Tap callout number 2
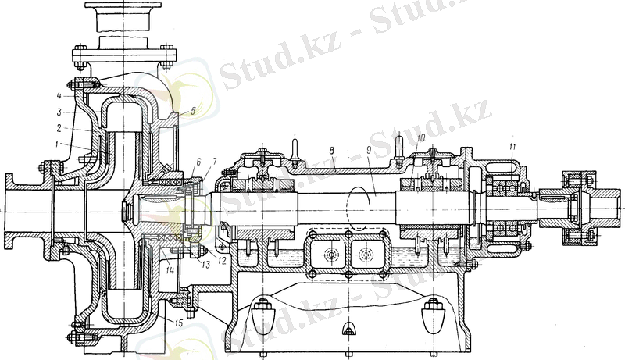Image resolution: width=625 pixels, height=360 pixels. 59,128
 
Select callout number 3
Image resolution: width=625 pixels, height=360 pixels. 59,112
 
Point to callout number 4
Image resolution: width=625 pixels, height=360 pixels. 59,95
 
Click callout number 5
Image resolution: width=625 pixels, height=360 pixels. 193,111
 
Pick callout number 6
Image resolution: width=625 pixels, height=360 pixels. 199,162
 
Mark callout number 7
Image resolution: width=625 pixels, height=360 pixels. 214,162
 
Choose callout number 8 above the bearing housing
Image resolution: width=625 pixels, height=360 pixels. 331,151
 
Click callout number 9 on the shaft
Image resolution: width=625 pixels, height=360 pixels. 368,150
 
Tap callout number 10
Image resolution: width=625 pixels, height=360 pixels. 420,137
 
